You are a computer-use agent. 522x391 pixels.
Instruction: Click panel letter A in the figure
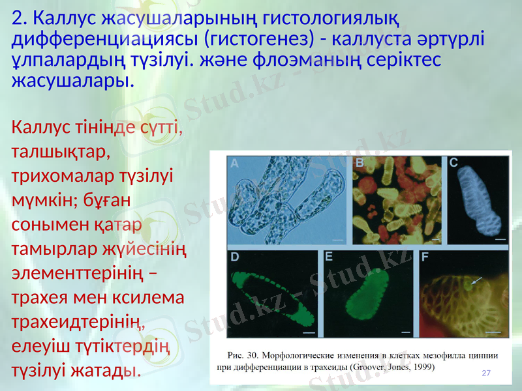click(x=234, y=165)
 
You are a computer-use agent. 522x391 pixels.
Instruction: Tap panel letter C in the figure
click(x=453, y=163)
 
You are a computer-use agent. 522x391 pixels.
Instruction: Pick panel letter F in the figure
click(x=425, y=257)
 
